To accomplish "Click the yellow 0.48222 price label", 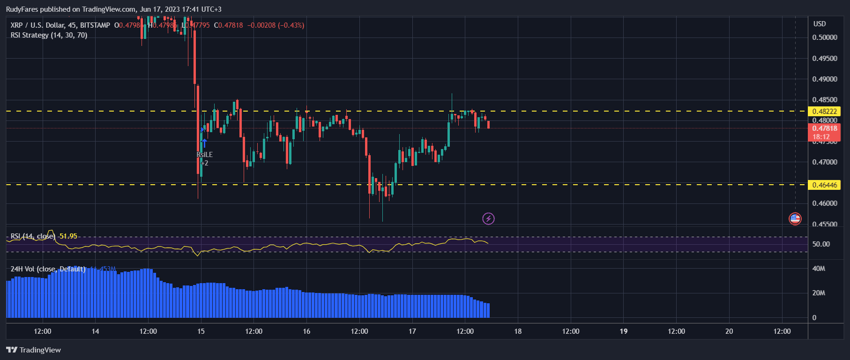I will click(824, 112).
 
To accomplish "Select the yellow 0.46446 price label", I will click(824, 185).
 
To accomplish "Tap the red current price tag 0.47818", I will click(824, 128).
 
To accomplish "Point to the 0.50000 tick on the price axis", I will click(824, 37).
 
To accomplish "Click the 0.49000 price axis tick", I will click(824, 79).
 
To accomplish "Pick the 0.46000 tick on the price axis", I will click(824, 203).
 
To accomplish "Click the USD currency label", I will click(820, 24).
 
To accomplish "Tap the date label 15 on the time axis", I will click(201, 331).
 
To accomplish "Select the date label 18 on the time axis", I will click(518, 331).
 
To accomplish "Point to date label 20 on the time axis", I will click(729, 331).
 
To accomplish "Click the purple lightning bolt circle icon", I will click(488, 218).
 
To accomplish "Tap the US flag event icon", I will click(795, 218).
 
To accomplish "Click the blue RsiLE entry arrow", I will click(204, 143).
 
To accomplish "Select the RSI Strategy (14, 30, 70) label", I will click(49, 35).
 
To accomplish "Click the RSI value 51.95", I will click(68, 236).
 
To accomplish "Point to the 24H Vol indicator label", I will click(48, 269).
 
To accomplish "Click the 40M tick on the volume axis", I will click(819, 269).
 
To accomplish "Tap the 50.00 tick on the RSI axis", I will click(821, 244).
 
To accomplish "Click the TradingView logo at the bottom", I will click(34, 350).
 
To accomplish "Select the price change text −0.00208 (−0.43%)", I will click(276, 25).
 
